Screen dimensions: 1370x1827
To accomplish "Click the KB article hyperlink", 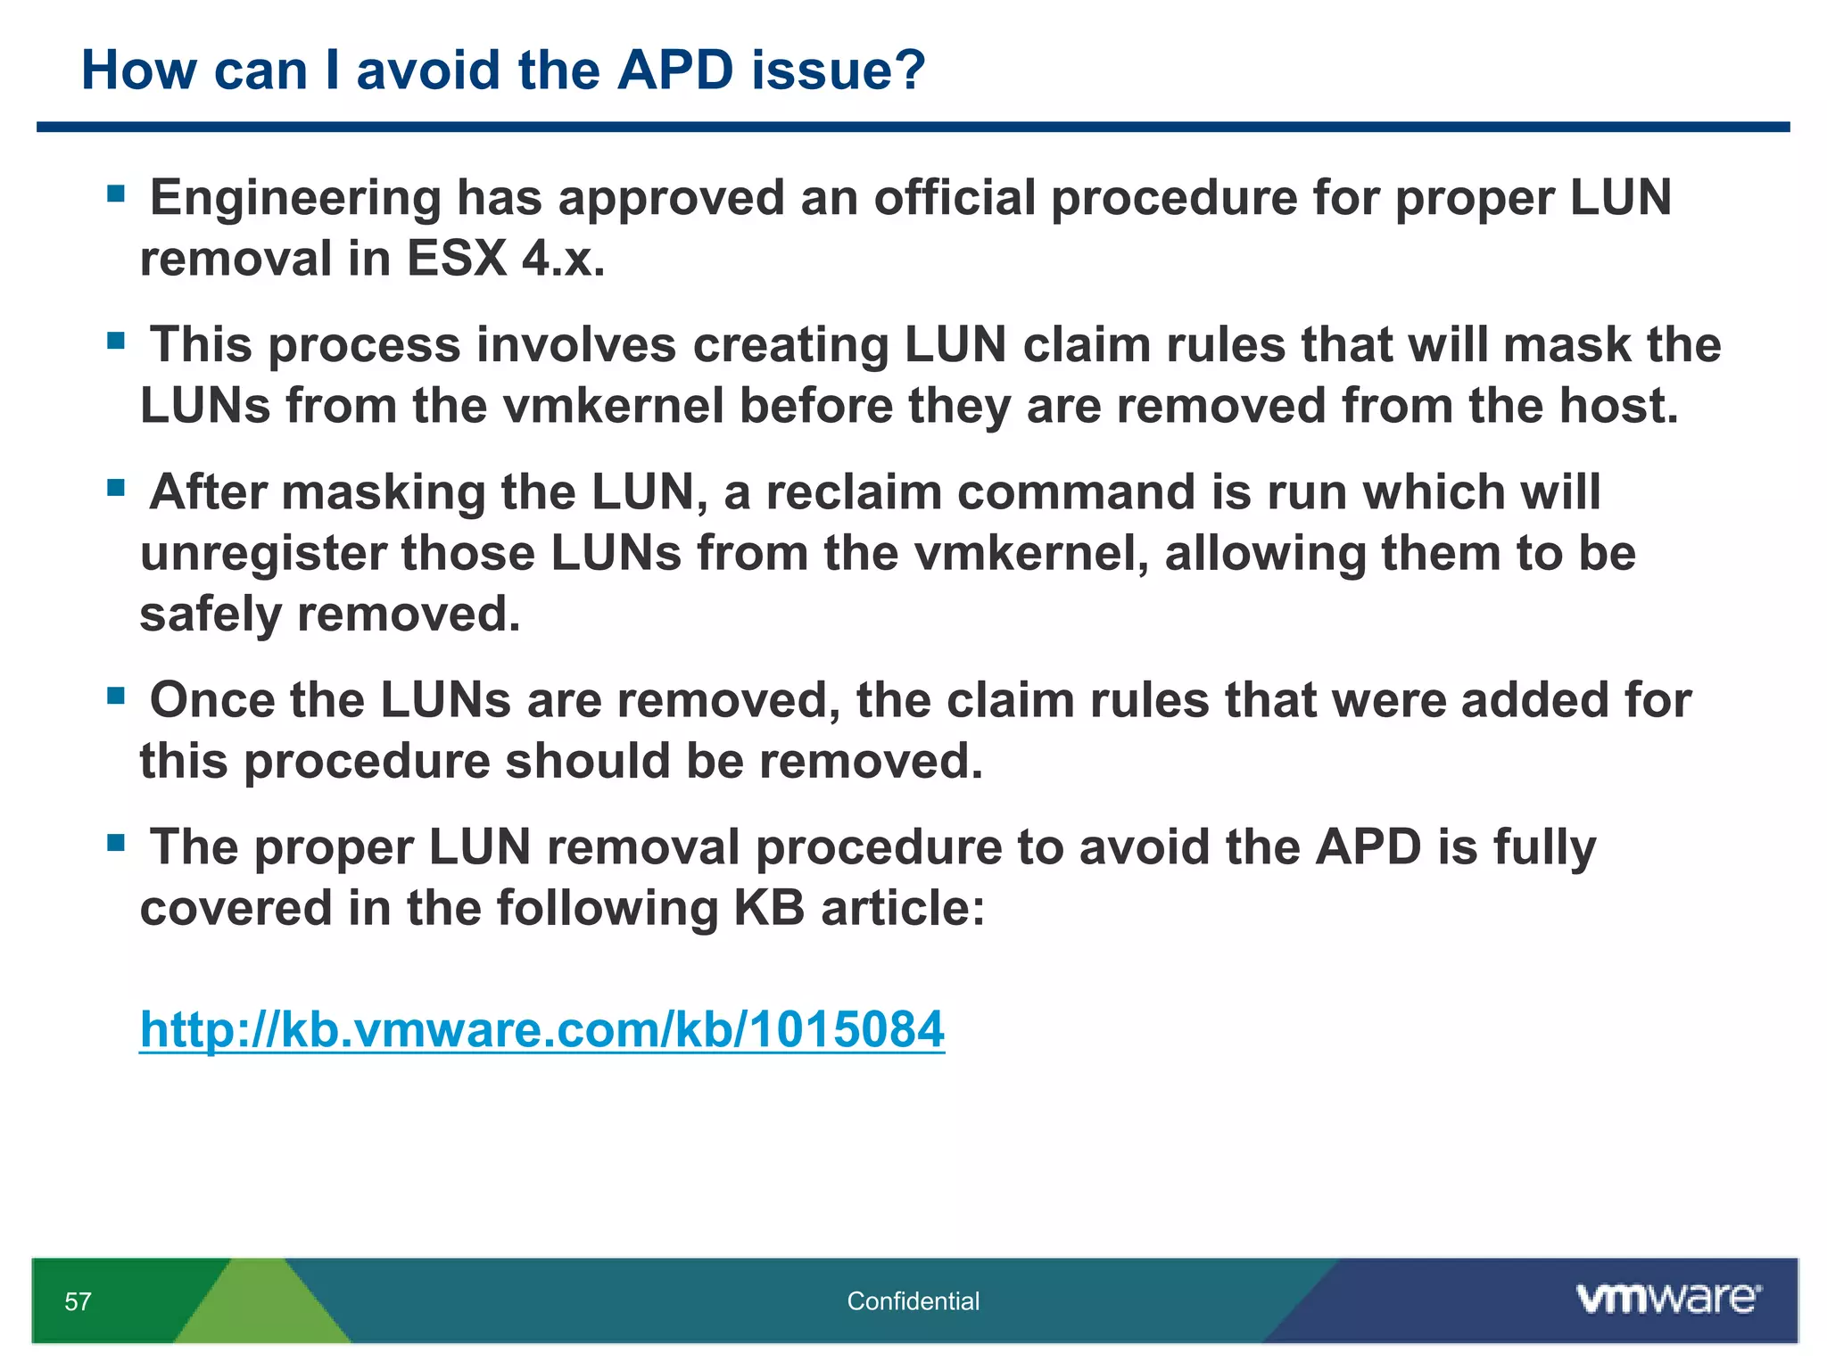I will click(541, 1029).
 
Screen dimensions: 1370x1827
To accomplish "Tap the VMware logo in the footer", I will click(1668, 1299).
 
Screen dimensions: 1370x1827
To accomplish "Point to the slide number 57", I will click(78, 1301).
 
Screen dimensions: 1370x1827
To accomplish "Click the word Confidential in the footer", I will click(913, 1301).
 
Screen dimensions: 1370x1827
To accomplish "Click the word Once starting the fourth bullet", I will click(212, 700).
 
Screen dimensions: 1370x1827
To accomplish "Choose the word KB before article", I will click(768, 908).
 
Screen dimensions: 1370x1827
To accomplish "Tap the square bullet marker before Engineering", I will click(115, 194).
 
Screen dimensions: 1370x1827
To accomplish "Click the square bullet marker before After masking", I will click(115, 488).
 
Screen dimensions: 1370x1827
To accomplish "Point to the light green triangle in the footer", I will click(261, 1307).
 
